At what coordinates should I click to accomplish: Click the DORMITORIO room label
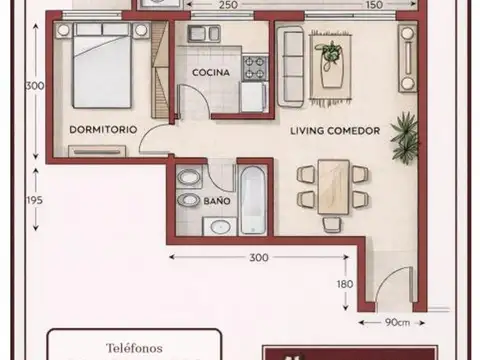(102, 130)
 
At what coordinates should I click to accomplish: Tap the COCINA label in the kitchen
(211, 73)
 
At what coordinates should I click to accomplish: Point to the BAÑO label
(216, 201)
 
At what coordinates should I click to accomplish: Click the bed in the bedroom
(102, 68)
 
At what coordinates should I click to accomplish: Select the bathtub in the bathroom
(253, 199)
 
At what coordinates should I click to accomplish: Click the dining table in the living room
(333, 184)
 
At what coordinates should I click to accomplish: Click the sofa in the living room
(291, 63)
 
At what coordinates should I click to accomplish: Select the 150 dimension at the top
(373, 6)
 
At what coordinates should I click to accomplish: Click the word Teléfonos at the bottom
(133, 348)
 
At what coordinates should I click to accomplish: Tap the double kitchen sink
(201, 34)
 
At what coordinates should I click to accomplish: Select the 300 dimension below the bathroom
(259, 258)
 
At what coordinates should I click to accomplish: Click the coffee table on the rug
(330, 62)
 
